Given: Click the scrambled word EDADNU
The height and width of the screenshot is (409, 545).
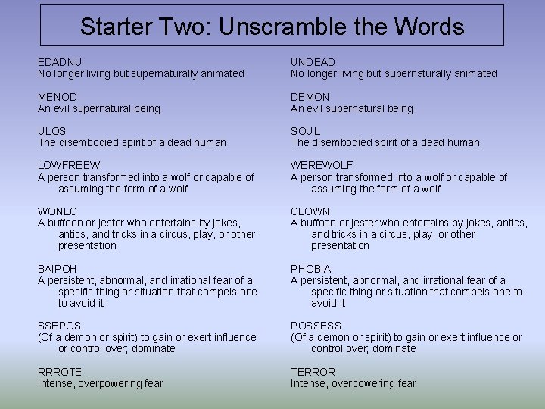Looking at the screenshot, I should coord(60,62).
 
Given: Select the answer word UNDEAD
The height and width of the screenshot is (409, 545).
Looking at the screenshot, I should coord(313,62).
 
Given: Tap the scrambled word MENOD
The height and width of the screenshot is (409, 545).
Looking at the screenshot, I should coord(58,97).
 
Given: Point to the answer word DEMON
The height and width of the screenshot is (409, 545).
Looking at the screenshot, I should coord(310,97).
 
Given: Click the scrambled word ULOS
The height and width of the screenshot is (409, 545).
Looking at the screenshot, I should coord(52,131).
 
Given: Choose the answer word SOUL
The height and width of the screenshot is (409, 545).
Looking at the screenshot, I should coord(306,131).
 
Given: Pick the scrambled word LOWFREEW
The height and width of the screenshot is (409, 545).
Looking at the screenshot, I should coord(69,165).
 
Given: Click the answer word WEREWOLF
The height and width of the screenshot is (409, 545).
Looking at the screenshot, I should coord(322,165).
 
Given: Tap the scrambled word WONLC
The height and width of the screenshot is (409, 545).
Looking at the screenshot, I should coord(58,211).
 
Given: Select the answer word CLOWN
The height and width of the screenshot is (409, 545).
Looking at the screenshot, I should coord(310,211).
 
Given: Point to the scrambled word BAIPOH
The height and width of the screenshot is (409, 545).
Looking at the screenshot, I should coord(59,269).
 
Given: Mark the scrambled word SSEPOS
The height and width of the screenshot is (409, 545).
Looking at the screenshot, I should coord(60,326).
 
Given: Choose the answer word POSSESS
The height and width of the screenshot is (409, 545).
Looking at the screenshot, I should coord(316,326).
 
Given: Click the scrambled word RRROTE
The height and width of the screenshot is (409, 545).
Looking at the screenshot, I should coord(60,372).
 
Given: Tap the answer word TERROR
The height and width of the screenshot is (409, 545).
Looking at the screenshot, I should coord(313,372).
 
